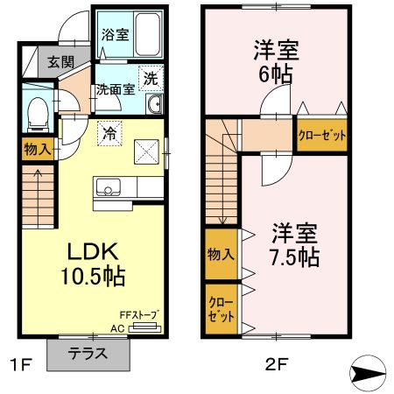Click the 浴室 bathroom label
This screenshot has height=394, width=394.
[x=114, y=35]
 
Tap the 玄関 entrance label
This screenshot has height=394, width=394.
[x=60, y=62]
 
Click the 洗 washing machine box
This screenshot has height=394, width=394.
[x=151, y=76]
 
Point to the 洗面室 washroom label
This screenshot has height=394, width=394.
[x=115, y=88]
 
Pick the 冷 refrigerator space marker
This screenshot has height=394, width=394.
[x=109, y=133]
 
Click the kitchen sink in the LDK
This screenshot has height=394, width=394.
[x=109, y=186]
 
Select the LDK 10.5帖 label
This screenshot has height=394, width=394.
[x=91, y=264]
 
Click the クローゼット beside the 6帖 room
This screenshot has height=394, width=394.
[x=322, y=136]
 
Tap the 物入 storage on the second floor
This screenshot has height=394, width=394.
[x=221, y=254]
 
